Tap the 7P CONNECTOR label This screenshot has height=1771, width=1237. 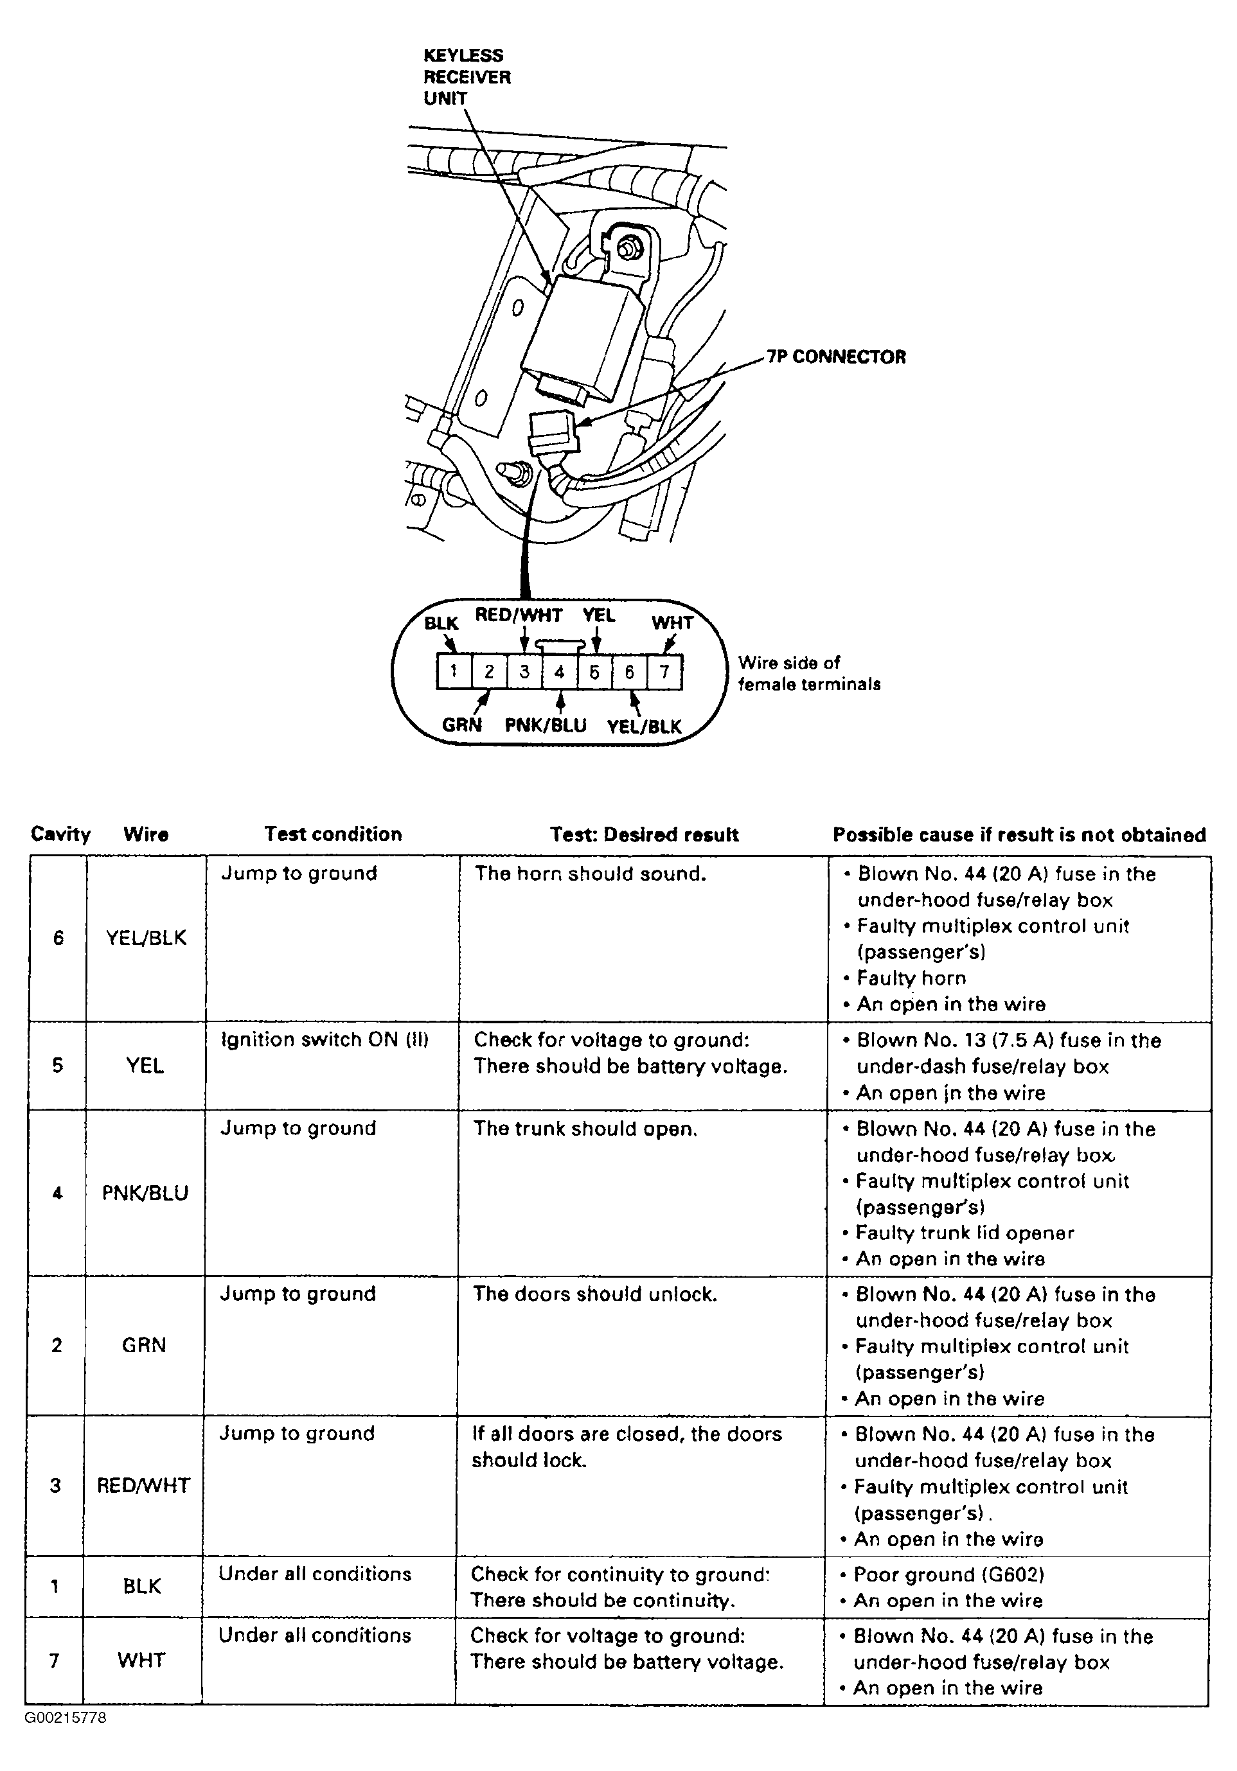pyautogui.click(x=837, y=357)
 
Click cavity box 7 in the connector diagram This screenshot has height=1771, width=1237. pyautogui.click(x=664, y=671)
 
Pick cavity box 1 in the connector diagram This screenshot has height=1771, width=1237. pyautogui.click(x=454, y=671)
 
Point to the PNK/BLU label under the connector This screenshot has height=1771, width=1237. pyautogui.click(x=545, y=725)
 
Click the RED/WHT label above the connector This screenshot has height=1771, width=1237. pyautogui.click(x=519, y=615)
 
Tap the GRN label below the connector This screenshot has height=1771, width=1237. pyautogui.click(x=461, y=725)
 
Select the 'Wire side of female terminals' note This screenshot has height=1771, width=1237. pyautogui.click(x=809, y=673)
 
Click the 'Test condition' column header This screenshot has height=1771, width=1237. pyautogui.click(x=333, y=834)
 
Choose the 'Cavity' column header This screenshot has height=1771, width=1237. pyautogui.click(x=60, y=834)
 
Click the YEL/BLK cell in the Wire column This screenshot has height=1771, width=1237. pyautogui.click(x=146, y=938)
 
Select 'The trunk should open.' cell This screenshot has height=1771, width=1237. pyautogui.click(x=585, y=1129)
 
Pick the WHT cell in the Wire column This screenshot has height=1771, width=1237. pyautogui.click(x=141, y=1660)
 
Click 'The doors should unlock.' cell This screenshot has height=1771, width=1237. pyautogui.click(x=594, y=1294)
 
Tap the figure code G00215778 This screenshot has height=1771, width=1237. pyautogui.click(x=66, y=1718)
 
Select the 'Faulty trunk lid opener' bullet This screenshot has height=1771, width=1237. pyautogui.click(x=965, y=1233)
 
